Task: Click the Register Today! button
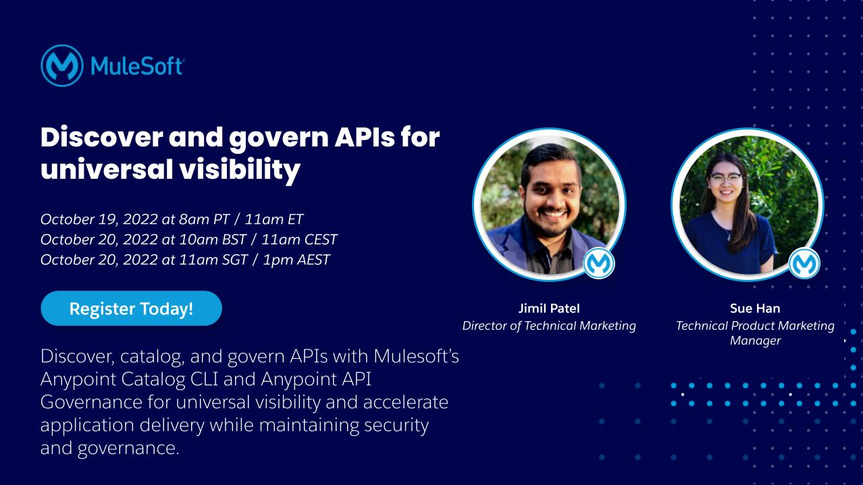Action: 131,309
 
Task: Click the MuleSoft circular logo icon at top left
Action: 62,65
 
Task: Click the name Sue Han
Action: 755,309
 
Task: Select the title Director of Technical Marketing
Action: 548,326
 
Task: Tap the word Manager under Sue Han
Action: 755,341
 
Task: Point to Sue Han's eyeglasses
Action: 726,179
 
